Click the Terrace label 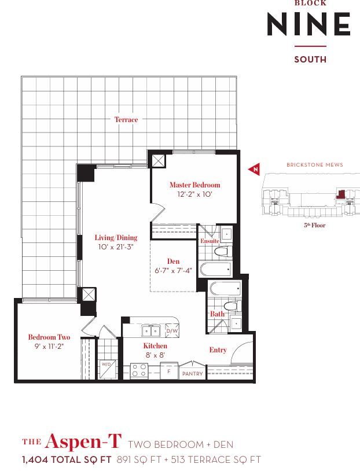click(126, 120)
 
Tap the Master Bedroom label click(194, 185)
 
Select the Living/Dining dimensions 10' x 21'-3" click(116, 247)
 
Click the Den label click(173, 262)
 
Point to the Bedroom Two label click(49, 337)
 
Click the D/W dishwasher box click(172, 330)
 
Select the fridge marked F click(169, 371)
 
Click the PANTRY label click(193, 374)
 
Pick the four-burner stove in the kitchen click(139, 370)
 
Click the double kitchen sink click(151, 331)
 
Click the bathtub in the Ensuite click(216, 270)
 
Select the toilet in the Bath click(233, 306)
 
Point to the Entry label click(218, 350)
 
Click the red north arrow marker click(254, 169)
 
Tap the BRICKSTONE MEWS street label click(315, 164)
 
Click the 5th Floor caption click(315, 225)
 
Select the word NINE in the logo click(308, 24)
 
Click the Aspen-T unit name click(83, 441)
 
